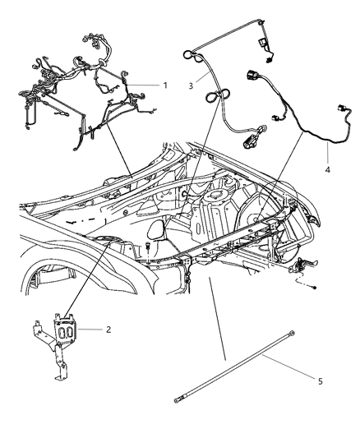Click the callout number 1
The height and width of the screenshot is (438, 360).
click(x=164, y=85)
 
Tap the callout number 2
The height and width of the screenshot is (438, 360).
click(x=108, y=330)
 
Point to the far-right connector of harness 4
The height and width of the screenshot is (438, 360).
click(x=339, y=109)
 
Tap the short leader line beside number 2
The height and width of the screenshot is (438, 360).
click(x=95, y=330)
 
